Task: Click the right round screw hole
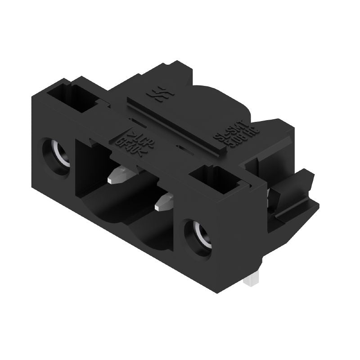198,237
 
